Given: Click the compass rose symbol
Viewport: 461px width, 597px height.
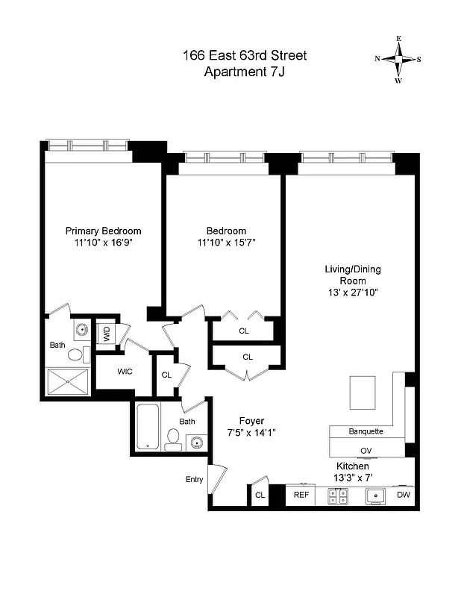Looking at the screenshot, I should click(398, 59).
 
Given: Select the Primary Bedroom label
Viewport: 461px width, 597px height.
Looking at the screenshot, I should click(103, 231).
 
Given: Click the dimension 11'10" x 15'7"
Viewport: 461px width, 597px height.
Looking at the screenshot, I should click(227, 243).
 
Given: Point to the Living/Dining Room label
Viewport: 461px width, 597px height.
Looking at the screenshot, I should click(351, 274).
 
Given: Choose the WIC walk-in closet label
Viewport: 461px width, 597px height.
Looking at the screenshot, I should click(125, 371).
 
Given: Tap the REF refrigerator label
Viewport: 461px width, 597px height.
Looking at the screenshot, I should click(301, 495).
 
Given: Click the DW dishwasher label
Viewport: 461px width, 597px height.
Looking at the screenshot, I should click(403, 495).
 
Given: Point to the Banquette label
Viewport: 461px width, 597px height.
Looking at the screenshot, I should click(366, 431).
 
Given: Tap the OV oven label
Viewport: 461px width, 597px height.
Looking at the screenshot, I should click(366, 451).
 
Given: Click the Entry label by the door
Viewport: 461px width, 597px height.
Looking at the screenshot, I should click(194, 480).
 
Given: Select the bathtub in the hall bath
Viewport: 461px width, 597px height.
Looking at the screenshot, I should click(148, 427).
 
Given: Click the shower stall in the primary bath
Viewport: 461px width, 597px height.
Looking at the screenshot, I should click(68, 383).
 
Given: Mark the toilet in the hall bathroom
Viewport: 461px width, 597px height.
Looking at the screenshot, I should click(173, 439).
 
